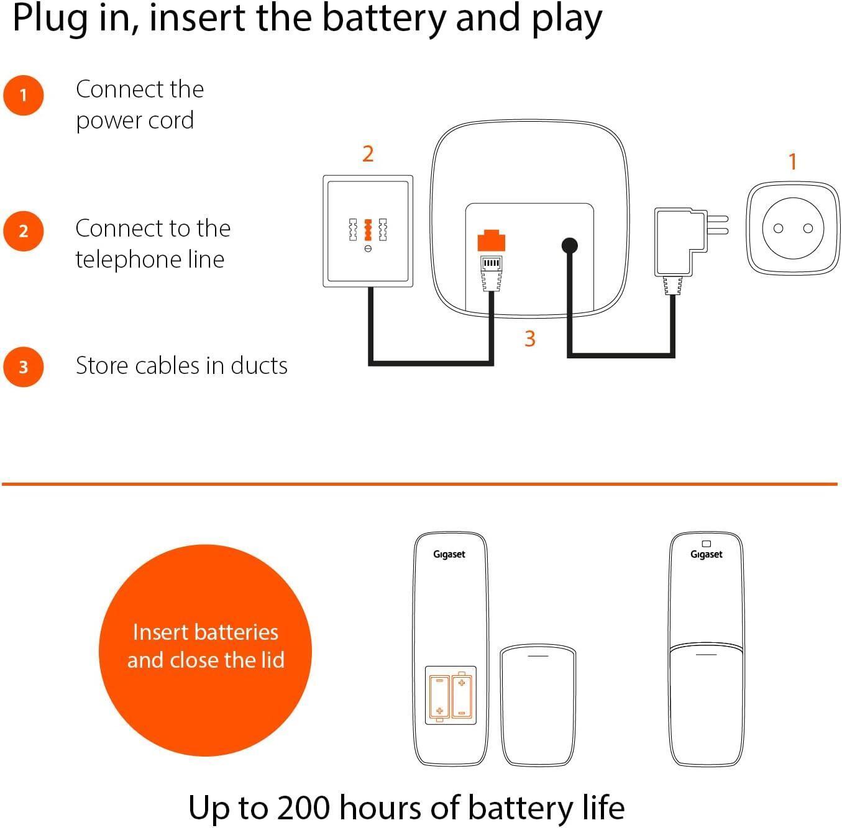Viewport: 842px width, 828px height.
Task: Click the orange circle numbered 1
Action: point(23,95)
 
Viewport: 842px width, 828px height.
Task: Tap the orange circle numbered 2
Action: point(23,231)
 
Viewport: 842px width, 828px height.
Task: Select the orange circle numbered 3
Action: point(23,367)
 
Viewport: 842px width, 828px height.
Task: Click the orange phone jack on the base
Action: point(491,241)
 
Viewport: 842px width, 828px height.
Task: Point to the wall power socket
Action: point(793,228)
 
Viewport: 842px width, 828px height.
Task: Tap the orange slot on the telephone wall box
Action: point(368,230)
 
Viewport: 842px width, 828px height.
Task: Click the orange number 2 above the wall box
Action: point(368,154)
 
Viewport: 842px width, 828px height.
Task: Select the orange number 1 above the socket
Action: point(793,162)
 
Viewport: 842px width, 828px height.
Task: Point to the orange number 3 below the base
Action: point(529,339)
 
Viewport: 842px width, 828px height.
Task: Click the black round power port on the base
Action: point(569,245)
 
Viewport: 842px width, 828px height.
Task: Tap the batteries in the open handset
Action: point(451,696)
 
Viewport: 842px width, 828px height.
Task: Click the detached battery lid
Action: point(538,704)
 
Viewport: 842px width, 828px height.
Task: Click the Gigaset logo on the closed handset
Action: point(706,555)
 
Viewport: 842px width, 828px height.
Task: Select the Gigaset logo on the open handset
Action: point(449,555)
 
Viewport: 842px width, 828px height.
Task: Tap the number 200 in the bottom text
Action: point(303,807)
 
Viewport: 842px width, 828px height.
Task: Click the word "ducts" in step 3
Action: point(259,365)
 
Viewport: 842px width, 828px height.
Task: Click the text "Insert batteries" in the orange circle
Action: point(205,632)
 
